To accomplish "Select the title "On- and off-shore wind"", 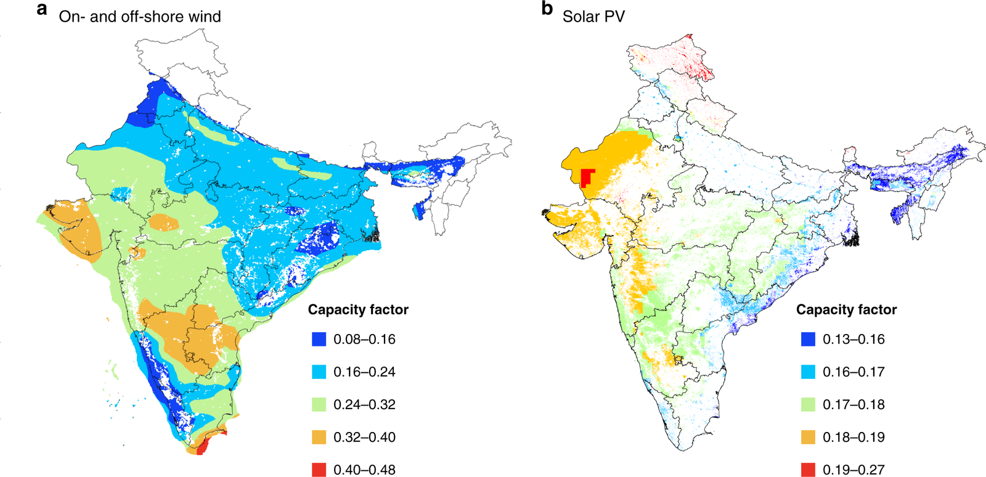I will click(x=140, y=17).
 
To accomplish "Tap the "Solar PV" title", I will click(x=593, y=17).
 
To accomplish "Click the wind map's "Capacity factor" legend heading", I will click(x=358, y=309).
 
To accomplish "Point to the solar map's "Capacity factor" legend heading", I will click(x=846, y=309).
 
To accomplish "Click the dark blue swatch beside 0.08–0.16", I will click(x=319, y=339).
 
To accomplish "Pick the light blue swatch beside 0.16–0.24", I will click(x=319, y=372).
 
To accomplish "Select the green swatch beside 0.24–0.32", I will click(x=319, y=404).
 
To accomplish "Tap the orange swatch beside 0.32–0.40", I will click(x=319, y=437).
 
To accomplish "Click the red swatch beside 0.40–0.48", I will click(x=319, y=470).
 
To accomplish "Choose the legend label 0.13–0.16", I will click(x=854, y=339).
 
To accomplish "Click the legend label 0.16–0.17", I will click(x=854, y=372).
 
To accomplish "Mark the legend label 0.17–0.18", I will click(x=854, y=404).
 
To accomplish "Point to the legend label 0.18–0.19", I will click(x=854, y=437).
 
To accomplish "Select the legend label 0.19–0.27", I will click(x=854, y=470).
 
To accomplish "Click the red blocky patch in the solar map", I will click(x=586, y=177).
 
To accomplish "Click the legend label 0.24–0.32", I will click(x=364, y=404).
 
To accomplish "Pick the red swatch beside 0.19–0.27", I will click(x=808, y=470).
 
